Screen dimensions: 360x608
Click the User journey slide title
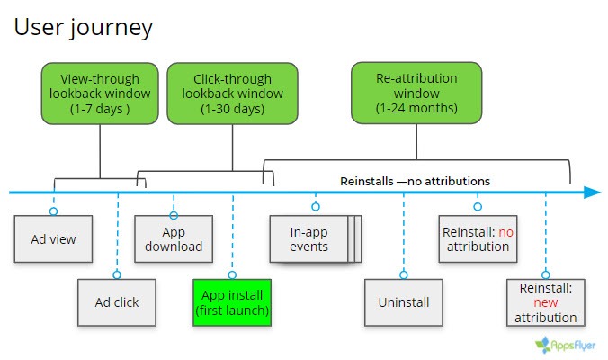(83, 27)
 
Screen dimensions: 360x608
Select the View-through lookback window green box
(99, 94)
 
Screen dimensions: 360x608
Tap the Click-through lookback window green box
(232, 94)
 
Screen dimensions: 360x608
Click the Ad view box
(53, 238)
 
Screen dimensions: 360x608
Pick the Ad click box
(117, 301)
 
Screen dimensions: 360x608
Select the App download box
(174, 238)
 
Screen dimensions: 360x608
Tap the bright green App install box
(232, 301)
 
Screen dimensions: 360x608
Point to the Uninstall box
(403, 301)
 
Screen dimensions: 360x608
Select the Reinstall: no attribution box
(477, 238)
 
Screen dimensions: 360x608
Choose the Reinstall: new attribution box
(546, 301)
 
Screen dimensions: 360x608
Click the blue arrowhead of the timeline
(591, 192)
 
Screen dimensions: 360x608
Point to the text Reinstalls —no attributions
(415, 181)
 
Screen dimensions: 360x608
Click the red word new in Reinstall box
(546, 302)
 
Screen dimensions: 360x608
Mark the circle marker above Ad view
(53, 211)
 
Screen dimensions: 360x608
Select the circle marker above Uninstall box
(403, 274)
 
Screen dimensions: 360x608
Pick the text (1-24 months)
(416, 109)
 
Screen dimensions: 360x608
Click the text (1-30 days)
(231, 109)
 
